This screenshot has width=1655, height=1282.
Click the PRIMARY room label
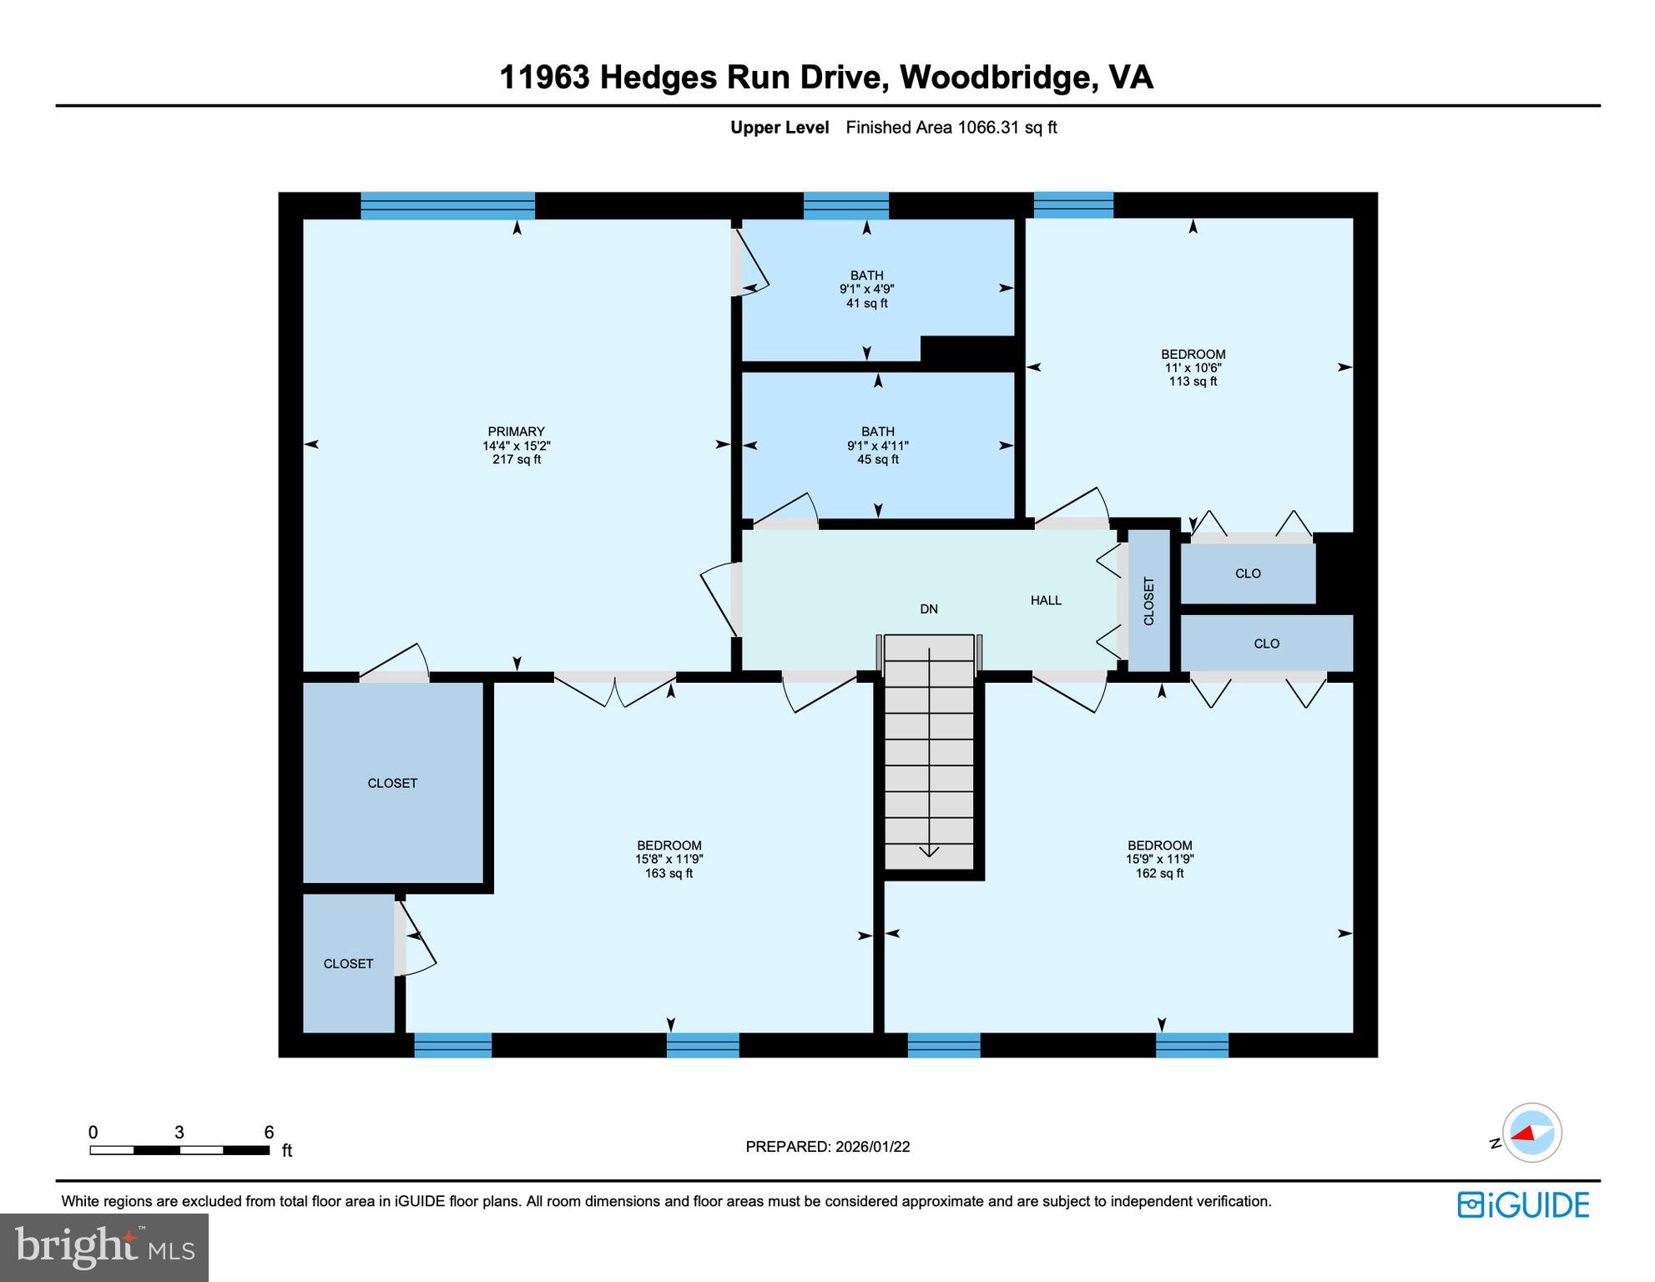coord(516,432)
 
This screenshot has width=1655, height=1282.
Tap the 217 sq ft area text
coord(516,459)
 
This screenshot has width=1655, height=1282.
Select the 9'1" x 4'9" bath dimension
coord(866,289)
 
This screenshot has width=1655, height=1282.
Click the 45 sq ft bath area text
coord(877,459)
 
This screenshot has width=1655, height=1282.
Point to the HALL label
coord(1045,600)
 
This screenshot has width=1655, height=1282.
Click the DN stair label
coord(928,609)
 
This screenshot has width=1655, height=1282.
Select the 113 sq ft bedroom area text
coord(1192,381)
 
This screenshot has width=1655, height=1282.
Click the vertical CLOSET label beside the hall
coord(1148,601)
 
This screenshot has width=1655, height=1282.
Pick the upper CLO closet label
coord(1247,573)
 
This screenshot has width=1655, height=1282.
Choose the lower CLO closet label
coord(1265,644)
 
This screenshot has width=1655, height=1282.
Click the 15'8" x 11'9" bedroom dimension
coord(669,859)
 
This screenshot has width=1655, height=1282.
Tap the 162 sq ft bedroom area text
coord(1158,873)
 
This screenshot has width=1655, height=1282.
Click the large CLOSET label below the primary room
coord(392,783)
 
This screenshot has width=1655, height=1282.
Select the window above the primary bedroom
coord(447,205)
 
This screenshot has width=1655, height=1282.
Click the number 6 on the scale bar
coord(269,1133)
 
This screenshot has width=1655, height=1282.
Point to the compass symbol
coord(1531,1133)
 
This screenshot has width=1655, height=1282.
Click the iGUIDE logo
coord(1522,1204)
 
